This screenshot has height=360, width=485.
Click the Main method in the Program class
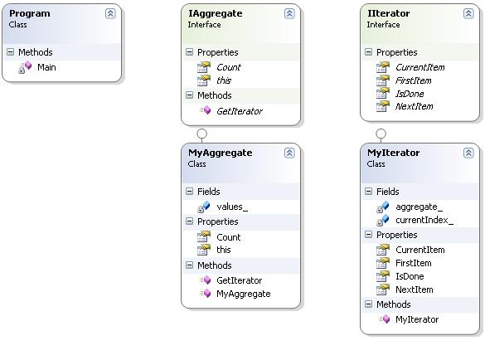tap(46, 67)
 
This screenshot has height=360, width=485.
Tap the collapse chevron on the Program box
tap(110, 13)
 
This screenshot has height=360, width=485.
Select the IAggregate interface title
tap(216, 13)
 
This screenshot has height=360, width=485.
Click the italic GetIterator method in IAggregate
tap(240, 111)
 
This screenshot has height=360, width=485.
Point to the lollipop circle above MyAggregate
tap(201, 134)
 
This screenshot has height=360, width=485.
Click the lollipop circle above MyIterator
tap(381, 134)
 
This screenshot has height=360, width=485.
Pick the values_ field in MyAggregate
tap(232, 207)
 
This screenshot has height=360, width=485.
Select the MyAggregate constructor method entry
tap(244, 294)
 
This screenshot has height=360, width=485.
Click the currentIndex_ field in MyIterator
tap(424, 220)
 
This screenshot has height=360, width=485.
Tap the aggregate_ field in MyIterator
tap(420, 207)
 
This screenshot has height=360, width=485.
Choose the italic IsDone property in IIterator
tap(410, 94)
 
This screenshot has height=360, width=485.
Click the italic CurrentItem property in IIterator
tap(420, 67)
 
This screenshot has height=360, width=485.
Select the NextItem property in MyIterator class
tap(415, 289)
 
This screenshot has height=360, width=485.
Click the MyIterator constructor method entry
tap(417, 319)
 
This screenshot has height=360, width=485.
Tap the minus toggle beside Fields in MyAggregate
tap(189, 191)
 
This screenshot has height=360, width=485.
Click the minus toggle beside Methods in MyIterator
tap(368, 304)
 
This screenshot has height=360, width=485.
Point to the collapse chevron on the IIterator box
tap(468, 13)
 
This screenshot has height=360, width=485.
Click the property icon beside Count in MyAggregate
tap(204, 236)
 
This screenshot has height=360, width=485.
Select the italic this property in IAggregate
tap(224, 80)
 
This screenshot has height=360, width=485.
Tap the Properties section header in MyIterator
tap(396, 235)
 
